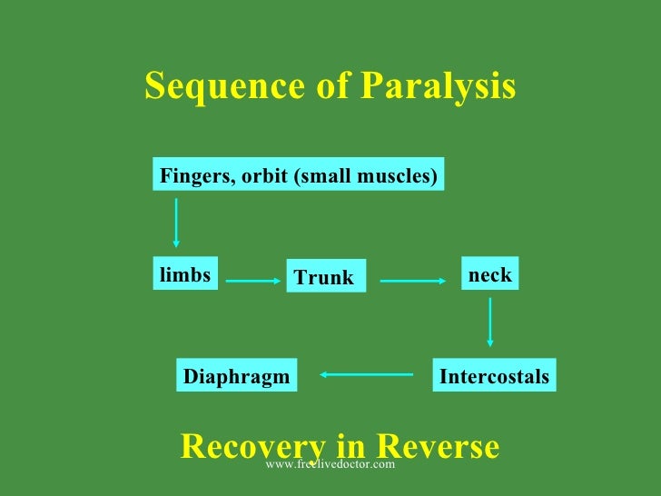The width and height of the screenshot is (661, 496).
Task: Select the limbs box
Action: pyautogui.click(x=185, y=274)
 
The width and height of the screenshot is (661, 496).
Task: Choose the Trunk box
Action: pyautogui.click(x=325, y=278)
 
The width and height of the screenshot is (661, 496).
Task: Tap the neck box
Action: pyautogui.click(x=489, y=274)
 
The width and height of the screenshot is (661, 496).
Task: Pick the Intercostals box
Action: pyautogui.click(x=494, y=376)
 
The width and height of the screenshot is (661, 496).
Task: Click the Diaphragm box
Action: pyautogui.click(x=237, y=376)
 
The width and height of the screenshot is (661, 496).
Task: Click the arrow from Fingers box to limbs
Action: pyautogui.click(x=176, y=223)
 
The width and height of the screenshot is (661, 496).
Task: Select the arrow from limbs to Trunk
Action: pyautogui.click(x=253, y=282)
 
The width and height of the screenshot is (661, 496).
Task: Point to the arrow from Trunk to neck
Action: pyautogui.click(x=414, y=282)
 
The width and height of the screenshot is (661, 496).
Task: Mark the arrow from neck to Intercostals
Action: pyautogui.click(x=490, y=322)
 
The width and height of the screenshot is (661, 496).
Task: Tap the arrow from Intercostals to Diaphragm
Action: pyautogui.click(x=366, y=373)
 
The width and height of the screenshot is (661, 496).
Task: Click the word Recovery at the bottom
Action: pyautogui.click(x=252, y=446)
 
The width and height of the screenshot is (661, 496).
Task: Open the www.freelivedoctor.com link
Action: pyautogui.click(x=330, y=464)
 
